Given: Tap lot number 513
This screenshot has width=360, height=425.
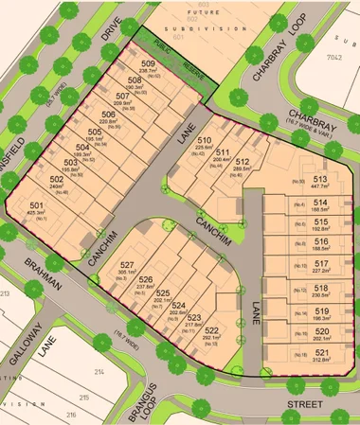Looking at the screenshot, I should click(x=320, y=177).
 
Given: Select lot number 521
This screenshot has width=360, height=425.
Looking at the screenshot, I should click(x=321, y=349).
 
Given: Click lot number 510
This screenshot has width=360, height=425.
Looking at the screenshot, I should click(x=203, y=140).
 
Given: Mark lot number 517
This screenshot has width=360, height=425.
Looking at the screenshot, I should click(x=321, y=263).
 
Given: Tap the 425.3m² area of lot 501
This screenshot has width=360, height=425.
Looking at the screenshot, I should click(x=37, y=214).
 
